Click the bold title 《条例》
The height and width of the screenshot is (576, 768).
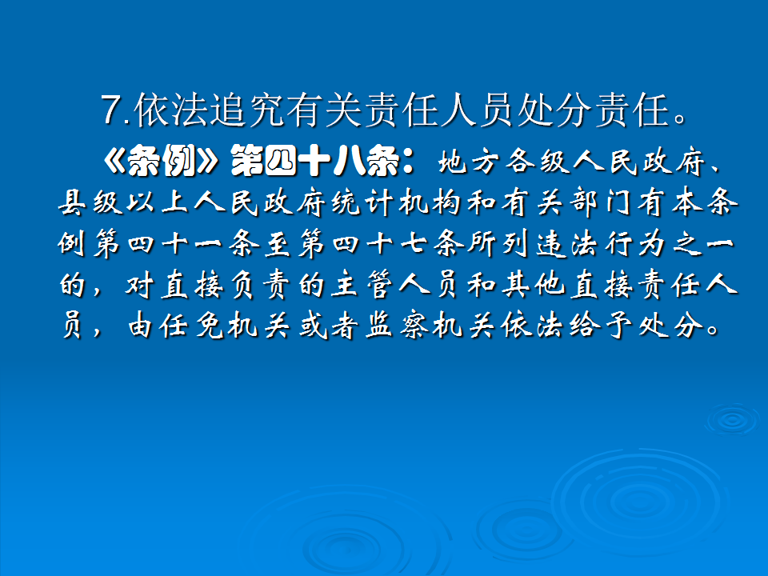click(x=160, y=162)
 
